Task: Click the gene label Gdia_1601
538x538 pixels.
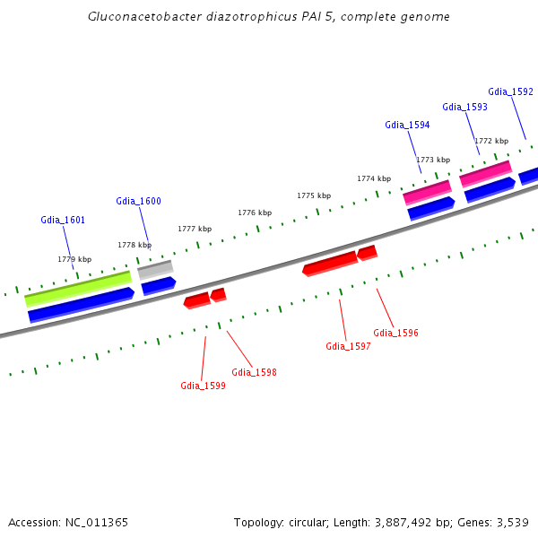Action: (63, 220)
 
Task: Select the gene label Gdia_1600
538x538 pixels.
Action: (138, 201)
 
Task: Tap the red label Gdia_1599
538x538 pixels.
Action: (203, 386)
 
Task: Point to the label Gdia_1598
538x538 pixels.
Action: (254, 372)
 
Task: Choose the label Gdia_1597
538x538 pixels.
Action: (348, 346)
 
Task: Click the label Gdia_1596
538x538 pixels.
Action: (395, 333)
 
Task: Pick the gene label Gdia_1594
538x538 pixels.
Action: (407, 125)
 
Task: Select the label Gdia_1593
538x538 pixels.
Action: (464, 107)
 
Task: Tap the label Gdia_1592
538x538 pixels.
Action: (510, 91)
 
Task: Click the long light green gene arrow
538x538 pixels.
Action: (78, 287)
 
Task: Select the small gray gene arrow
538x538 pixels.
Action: (155, 268)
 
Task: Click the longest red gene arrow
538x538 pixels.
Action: (330, 264)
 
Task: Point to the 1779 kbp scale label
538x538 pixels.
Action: (74, 259)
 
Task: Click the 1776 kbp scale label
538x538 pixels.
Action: (255, 213)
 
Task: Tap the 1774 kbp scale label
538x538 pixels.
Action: (374, 178)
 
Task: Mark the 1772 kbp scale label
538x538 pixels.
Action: (491, 141)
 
